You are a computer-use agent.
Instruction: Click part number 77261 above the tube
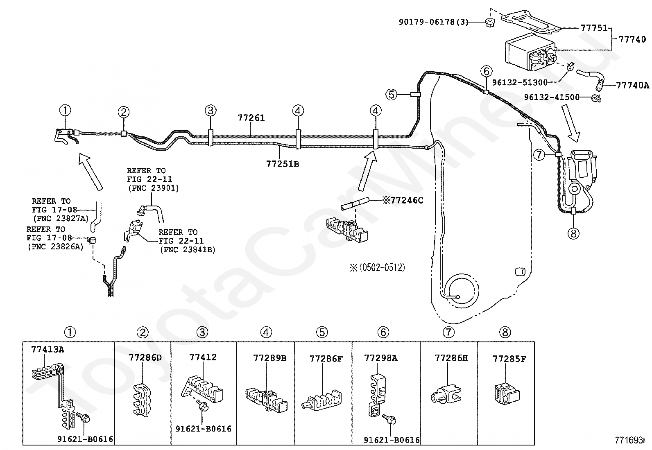point(251,118)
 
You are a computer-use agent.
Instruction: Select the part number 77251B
point(283,164)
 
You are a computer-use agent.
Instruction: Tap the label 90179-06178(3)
point(433,22)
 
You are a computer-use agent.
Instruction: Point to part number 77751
point(594,28)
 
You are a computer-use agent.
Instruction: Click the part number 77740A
point(633,86)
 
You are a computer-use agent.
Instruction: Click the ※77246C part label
point(403,200)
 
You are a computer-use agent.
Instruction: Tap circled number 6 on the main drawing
point(486,71)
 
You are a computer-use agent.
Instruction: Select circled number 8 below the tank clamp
point(573,233)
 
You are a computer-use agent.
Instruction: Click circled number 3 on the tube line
point(211,110)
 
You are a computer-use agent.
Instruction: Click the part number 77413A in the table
point(48,349)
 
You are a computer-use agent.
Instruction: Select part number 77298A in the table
point(380,358)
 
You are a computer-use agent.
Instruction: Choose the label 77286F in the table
point(326,359)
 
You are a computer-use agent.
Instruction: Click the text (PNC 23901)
point(153,188)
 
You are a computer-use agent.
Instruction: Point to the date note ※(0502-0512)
point(376,268)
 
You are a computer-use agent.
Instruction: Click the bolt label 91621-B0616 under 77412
point(204,429)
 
